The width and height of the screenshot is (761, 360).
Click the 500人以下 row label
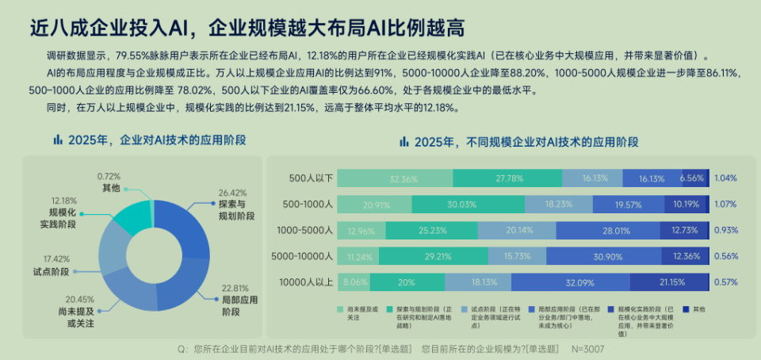pos(312,179)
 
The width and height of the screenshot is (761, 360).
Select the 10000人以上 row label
pos(307,282)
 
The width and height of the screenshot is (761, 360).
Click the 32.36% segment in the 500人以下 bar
pos(403,179)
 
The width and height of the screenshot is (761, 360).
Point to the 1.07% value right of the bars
pos(725,205)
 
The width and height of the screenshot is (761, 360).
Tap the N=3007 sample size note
pos(587,348)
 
